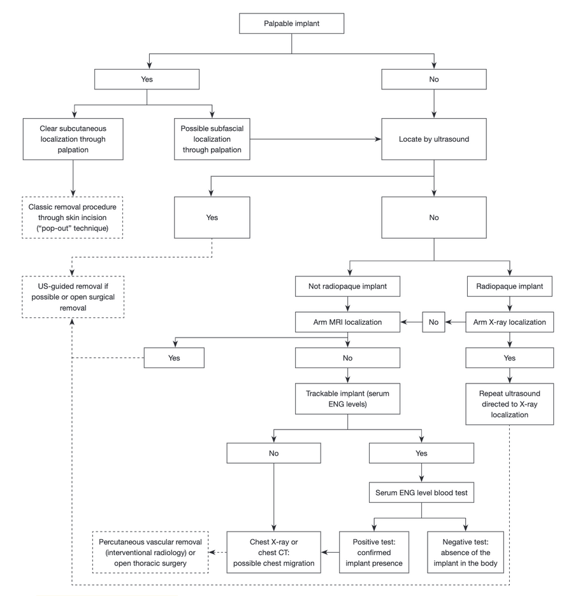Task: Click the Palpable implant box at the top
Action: pos(292,24)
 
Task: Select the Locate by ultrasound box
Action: pos(434,139)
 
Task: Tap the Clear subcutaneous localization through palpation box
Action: pos(73,139)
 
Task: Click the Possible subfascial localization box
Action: pos(212,139)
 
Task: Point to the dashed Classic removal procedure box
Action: pos(73,218)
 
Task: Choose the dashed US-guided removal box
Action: pos(73,297)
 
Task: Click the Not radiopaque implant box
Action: pos(347,287)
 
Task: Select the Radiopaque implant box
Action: pos(509,287)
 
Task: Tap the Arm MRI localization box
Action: pos(347,322)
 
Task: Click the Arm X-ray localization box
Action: pos(509,322)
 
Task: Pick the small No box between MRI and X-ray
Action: pos(433,322)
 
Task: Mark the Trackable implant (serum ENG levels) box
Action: pos(347,399)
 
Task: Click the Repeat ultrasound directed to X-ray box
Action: pos(509,404)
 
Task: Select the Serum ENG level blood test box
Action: pos(421,493)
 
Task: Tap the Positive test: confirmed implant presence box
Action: pos(374,552)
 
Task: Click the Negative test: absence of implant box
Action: pos(465,552)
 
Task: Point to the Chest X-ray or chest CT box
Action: pos(274,552)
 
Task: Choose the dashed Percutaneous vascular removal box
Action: pos(150,552)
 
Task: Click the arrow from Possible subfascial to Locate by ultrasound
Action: pos(315,139)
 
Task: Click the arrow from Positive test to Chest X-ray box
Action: pos(330,552)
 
